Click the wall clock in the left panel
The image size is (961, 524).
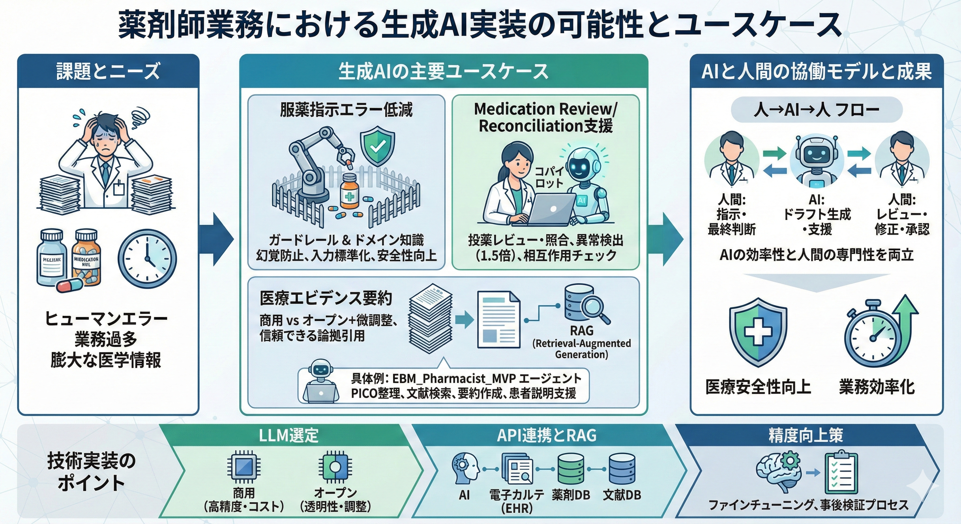coord(147,259)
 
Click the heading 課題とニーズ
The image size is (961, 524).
coord(108,71)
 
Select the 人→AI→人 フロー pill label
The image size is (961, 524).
coord(816,110)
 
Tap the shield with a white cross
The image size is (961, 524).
coord(758,333)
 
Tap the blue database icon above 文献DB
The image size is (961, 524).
coord(622,469)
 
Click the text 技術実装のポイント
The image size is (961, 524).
coord(91,472)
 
